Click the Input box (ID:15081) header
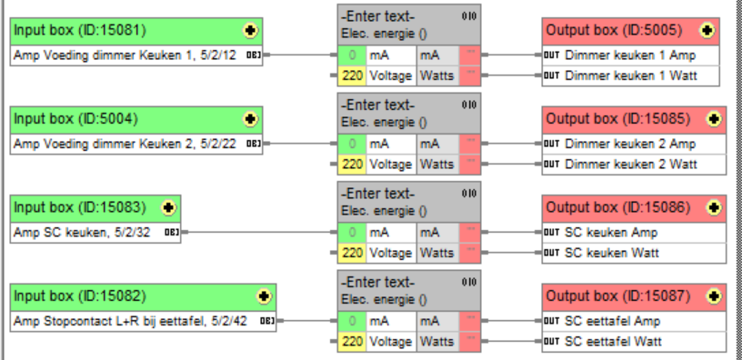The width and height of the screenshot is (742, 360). pos(118,31)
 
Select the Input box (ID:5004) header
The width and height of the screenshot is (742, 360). pos(118,119)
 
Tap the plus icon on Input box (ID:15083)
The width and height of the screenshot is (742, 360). pos(168,207)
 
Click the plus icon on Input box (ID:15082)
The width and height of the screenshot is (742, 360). pos(264,296)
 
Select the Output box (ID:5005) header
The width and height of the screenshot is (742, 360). pos(618,31)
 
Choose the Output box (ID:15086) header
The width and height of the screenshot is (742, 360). pos(618,207)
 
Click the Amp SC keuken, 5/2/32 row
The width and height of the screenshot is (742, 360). pos(86,232)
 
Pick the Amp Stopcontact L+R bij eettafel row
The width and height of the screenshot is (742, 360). pos(132,321)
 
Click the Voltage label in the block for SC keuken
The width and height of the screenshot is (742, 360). pos(391,253)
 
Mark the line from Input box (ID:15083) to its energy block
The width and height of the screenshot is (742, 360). pos(259,232)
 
